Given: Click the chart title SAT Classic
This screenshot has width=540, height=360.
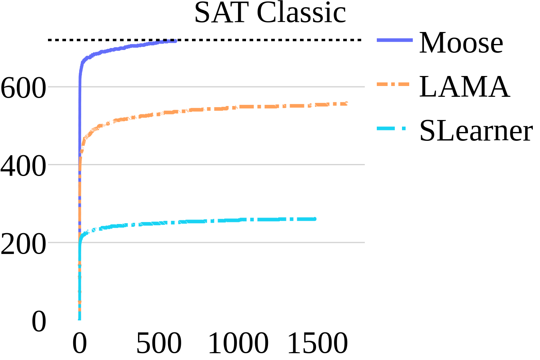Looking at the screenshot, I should [x=270, y=13].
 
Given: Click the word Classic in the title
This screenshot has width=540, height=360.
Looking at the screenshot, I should [x=301, y=13].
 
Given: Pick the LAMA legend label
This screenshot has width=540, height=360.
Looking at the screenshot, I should [x=464, y=87].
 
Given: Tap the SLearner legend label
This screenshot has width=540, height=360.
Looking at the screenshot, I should [x=476, y=130].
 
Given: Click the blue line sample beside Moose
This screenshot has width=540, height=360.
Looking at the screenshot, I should [x=394, y=40].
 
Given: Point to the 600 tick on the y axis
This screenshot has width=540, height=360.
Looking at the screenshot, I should [x=24, y=87].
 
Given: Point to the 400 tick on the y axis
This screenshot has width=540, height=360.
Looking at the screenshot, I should [x=24, y=166].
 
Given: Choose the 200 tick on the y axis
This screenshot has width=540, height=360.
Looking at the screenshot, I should [x=24, y=244].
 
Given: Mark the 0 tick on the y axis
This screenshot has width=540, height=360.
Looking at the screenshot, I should [x=39, y=322].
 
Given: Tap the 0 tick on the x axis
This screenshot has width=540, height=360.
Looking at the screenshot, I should [x=80, y=343].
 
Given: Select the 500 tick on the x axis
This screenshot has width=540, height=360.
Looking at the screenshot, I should [x=159, y=343].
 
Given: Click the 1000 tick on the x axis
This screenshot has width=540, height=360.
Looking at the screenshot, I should [x=238, y=343].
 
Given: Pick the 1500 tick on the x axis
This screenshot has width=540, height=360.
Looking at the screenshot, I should [x=318, y=343].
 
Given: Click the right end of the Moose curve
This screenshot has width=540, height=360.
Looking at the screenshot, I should [x=175, y=41].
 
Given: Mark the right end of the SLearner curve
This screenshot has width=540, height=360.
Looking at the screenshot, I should [x=315, y=219].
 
